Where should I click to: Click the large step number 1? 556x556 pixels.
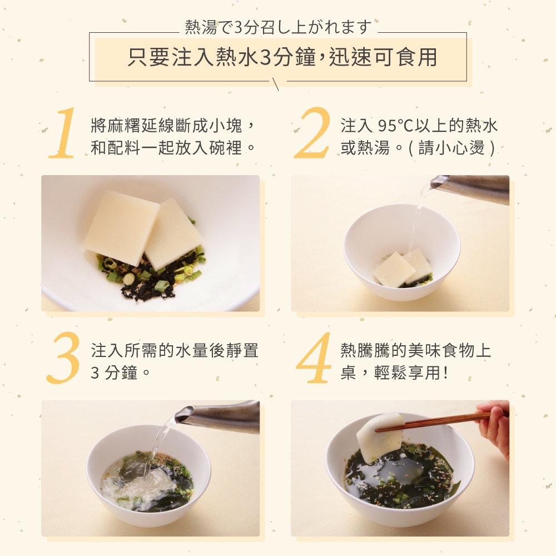click(x=64, y=133)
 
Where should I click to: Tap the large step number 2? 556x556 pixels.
click(x=312, y=133)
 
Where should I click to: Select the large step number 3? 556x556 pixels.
click(x=63, y=358)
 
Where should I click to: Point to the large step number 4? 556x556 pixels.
click(x=314, y=358)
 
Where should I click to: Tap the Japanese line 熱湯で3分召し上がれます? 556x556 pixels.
click(x=278, y=27)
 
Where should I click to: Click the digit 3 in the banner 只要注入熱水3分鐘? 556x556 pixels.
click(x=265, y=57)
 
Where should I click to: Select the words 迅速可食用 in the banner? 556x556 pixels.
click(x=383, y=57)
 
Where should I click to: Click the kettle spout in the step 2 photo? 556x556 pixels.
click(x=435, y=183)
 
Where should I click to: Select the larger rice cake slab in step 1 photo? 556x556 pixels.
click(x=121, y=223)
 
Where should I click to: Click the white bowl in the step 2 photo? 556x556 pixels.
click(x=402, y=252)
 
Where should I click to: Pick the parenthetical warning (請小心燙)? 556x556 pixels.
click(x=451, y=147)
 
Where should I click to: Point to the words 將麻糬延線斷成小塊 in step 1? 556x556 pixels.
click(x=167, y=126)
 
